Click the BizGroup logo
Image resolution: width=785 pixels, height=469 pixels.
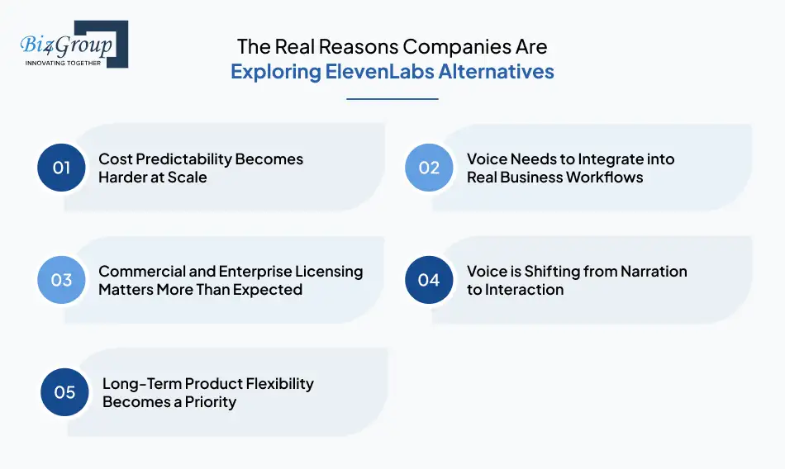tap(73, 44)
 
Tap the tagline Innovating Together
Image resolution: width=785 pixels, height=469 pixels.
tap(64, 63)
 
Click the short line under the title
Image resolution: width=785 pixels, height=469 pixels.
tap(392, 99)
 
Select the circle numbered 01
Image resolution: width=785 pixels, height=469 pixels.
tap(62, 168)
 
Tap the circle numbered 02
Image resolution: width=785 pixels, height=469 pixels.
tap(429, 168)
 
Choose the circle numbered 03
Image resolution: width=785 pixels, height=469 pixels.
tap(62, 280)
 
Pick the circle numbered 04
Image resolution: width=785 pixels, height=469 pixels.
tap(429, 280)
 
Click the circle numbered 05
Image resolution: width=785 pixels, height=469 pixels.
tap(65, 392)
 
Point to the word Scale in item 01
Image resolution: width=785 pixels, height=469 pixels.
tap(188, 177)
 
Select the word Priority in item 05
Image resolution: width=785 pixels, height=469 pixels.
tap(209, 401)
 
